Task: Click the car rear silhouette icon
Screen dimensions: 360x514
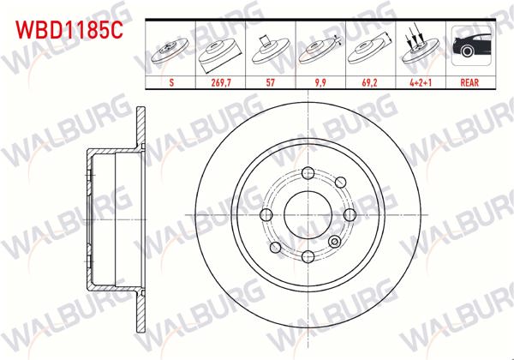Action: tap(469, 47)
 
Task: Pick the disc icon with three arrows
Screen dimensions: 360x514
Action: tap(420, 47)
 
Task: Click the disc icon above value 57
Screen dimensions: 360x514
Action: tap(271, 47)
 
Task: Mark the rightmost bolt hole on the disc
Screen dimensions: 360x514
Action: tap(348, 214)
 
